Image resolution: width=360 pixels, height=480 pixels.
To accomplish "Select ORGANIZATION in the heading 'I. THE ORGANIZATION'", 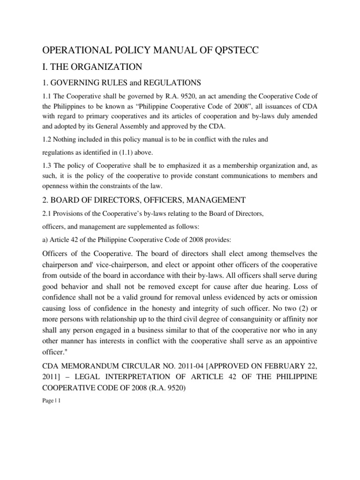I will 108,67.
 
